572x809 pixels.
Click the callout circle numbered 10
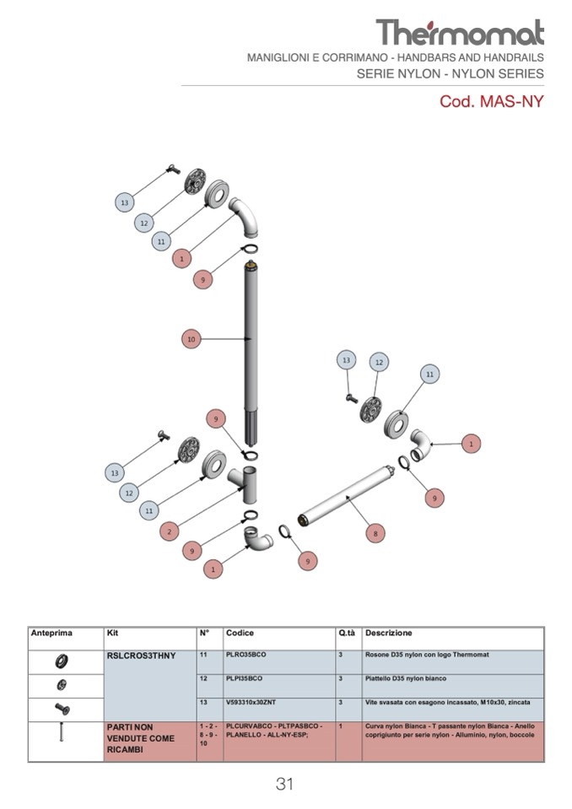pos(192,339)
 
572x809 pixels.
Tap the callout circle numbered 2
pos(170,531)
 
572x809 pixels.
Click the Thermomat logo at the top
pos(460,33)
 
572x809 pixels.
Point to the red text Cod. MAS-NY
pos(491,102)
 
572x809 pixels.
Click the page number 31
pos(284,784)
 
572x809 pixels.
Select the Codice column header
pos(240,633)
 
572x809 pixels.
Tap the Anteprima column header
pos(51,633)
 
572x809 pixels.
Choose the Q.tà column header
pos(346,633)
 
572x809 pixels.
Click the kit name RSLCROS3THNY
pos(141,655)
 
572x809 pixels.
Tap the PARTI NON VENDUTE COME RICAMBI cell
pos(141,738)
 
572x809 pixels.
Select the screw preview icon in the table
pos(62,708)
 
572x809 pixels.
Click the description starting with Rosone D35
pos(426,655)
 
